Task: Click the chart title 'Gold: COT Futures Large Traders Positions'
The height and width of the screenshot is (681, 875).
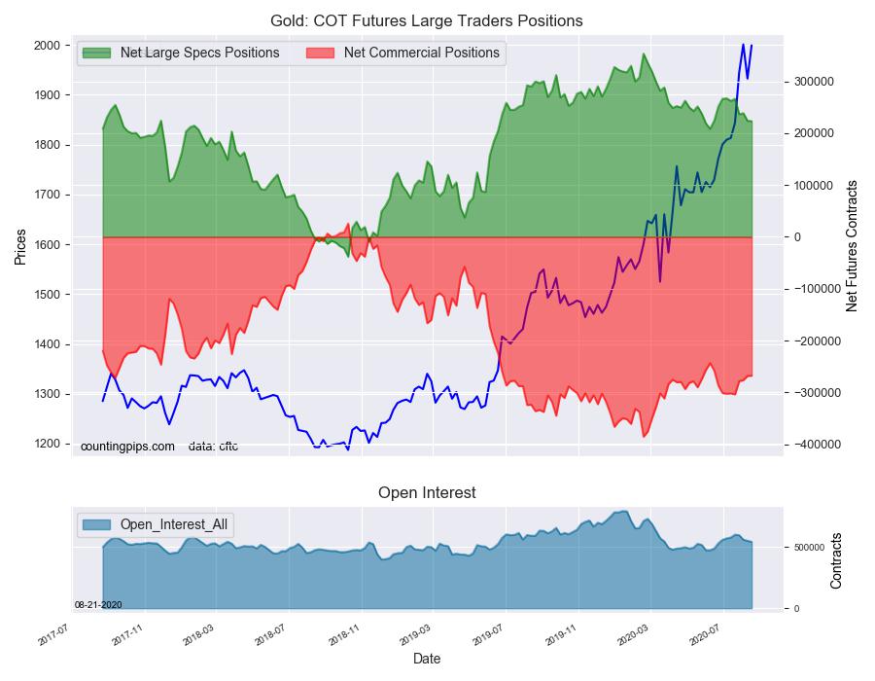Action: pyautogui.click(x=427, y=20)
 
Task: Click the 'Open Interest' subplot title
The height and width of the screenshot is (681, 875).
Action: pyautogui.click(x=427, y=493)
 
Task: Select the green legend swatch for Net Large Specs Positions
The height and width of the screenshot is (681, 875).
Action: pyautogui.click(x=97, y=53)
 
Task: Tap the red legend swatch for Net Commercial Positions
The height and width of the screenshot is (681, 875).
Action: pyautogui.click(x=321, y=53)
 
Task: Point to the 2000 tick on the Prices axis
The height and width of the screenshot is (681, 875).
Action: pyautogui.click(x=46, y=46)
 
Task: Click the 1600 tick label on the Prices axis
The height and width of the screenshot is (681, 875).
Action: pyautogui.click(x=46, y=245)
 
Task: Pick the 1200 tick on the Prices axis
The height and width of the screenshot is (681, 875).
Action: pyautogui.click(x=46, y=445)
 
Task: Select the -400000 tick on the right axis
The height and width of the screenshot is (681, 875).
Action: pyautogui.click(x=808, y=445)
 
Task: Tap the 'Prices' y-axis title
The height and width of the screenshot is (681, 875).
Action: pyautogui.click(x=19, y=247)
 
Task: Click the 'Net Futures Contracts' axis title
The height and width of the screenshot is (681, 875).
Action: pyautogui.click(x=853, y=245)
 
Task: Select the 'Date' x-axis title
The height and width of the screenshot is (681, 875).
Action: pyautogui.click(x=427, y=659)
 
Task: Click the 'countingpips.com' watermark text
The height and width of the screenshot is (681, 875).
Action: pyautogui.click(x=127, y=447)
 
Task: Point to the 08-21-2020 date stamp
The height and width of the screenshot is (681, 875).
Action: pyautogui.click(x=97, y=604)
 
